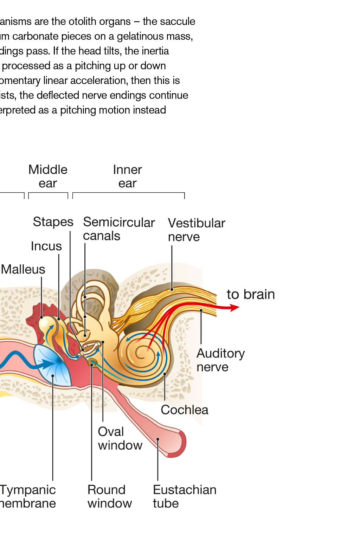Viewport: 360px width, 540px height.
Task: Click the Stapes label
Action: [x=53, y=222]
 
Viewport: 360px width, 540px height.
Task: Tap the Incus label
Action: [x=46, y=246]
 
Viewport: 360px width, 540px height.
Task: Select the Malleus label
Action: [x=23, y=269]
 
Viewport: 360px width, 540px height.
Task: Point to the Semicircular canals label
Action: [x=119, y=229]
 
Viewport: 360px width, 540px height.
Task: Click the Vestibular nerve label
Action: [x=197, y=230]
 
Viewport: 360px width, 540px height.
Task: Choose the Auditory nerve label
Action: [x=220, y=360]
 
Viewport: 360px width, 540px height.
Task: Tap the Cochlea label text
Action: [x=185, y=410]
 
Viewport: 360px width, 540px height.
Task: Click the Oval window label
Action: [x=120, y=438]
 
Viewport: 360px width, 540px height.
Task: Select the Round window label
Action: [x=109, y=496]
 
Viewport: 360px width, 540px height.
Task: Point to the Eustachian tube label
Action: [x=185, y=496]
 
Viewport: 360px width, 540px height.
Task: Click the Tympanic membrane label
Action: [x=28, y=496]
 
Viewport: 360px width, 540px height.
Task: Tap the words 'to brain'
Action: [x=251, y=295]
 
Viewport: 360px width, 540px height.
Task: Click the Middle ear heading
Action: [x=48, y=176]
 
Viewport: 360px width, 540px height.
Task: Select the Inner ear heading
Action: [x=127, y=176]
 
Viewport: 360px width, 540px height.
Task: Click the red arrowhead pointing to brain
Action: [x=235, y=308]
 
